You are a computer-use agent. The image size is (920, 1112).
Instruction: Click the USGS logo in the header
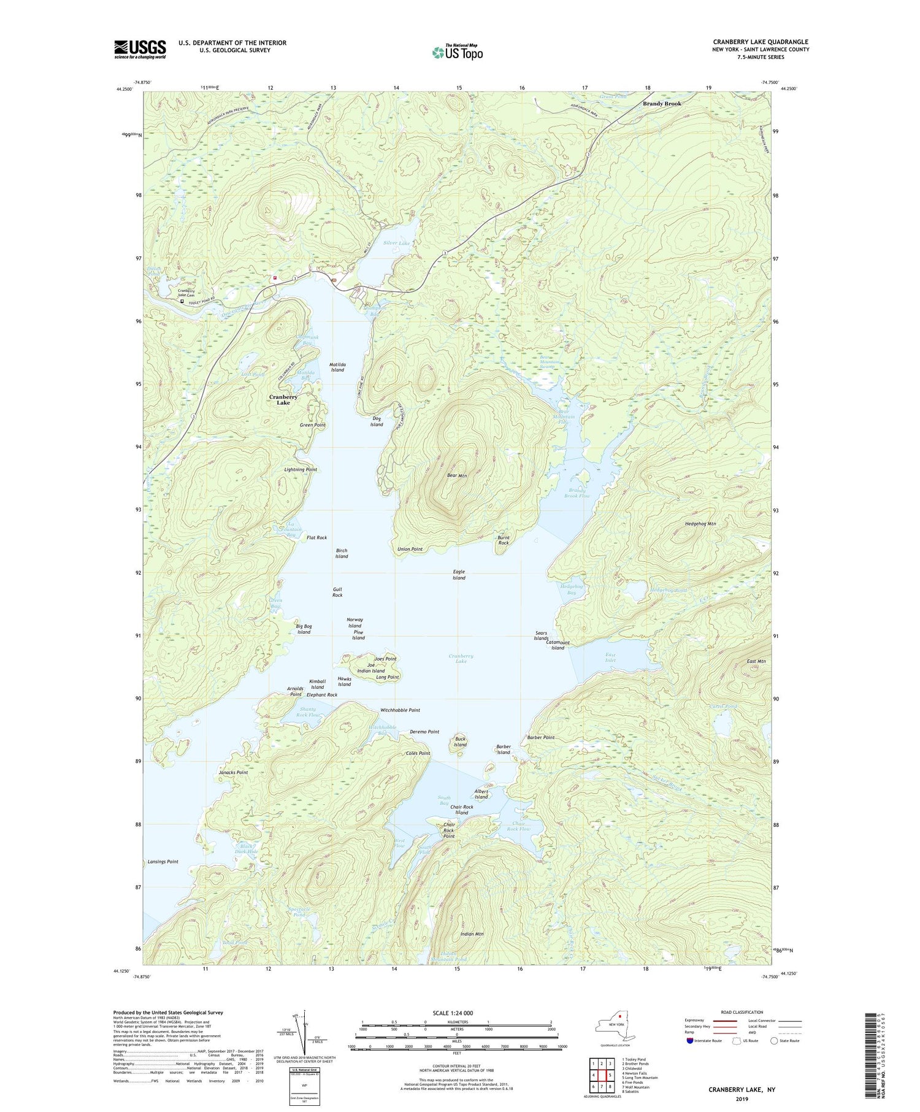[x=140, y=49]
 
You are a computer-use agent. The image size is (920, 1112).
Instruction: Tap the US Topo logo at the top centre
[x=457, y=52]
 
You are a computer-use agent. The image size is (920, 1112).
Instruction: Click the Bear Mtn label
[x=457, y=475]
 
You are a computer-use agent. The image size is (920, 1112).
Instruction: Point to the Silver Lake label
[x=396, y=243]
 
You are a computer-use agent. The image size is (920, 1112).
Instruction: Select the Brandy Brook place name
[x=662, y=104]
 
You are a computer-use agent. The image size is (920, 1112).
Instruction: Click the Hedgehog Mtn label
[x=700, y=524]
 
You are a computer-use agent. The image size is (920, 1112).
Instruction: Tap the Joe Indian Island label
[x=371, y=668]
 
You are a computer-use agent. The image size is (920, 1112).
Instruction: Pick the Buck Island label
[x=460, y=742]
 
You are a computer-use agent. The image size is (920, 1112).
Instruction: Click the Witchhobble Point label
[x=400, y=710]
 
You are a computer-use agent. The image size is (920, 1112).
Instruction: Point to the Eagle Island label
[x=459, y=575]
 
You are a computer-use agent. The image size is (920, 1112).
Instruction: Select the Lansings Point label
[x=163, y=862]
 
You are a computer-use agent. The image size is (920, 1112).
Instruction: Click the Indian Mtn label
[x=472, y=934]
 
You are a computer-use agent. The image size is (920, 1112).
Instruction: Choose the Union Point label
[x=410, y=549]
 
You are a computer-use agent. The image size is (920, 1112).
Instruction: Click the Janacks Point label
[x=233, y=772]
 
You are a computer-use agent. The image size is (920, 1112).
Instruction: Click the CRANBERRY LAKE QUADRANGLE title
[x=756, y=42]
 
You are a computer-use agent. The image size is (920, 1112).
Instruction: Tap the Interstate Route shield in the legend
[x=691, y=1041]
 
